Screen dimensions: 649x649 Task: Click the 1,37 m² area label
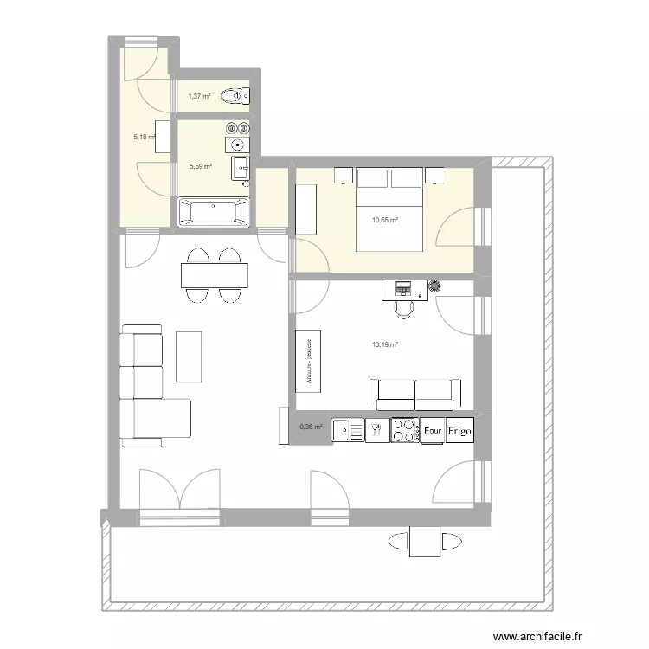[x=200, y=96]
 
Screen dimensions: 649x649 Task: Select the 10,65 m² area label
[x=384, y=220]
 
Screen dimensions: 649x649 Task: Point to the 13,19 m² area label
[x=384, y=344]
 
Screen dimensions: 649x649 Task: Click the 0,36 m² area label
[x=311, y=427]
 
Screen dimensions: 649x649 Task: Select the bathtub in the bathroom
[x=213, y=213]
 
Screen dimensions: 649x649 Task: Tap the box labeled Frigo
[x=459, y=430]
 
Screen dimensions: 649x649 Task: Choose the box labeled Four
[x=432, y=430]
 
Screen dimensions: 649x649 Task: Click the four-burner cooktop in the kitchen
[x=404, y=430]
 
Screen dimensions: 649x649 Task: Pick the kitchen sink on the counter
[x=349, y=429]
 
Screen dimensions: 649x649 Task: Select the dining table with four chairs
[x=214, y=276]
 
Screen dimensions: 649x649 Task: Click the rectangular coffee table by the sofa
[x=189, y=355]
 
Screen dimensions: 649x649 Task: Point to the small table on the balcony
[x=424, y=543]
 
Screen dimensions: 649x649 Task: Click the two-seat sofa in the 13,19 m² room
[x=414, y=394]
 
